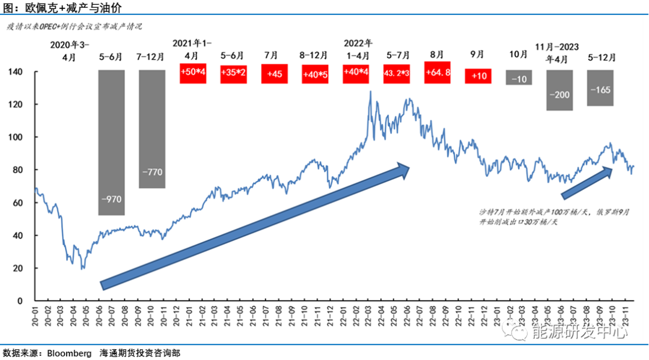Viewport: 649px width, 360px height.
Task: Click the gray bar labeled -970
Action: pyautogui.click(x=111, y=142)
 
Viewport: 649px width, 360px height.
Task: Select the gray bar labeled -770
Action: pyautogui.click(x=152, y=129)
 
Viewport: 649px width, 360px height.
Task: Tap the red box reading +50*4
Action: pyautogui.click(x=193, y=73)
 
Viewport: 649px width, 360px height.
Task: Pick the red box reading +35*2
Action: pyautogui.click(x=233, y=74)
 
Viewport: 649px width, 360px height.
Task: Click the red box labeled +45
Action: pyautogui.click(x=274, y=74)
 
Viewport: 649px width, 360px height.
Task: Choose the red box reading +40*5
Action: pyautogui.click(x=315, y=74)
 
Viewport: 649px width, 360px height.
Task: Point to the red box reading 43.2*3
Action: pyautogui.click(x=397, y=74)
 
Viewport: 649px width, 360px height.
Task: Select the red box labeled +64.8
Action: pyautogui.click(x=437, y=73)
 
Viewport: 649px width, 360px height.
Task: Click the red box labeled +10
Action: pyautogui.click(x=478, y=76)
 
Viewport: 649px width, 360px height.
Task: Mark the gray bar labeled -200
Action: pyautogui.click(x=559, y=90)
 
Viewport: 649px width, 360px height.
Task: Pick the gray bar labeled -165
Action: pyautogui.click(x=600, y=88)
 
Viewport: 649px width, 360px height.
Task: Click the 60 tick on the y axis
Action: pyautogui.click(x=19, y=203)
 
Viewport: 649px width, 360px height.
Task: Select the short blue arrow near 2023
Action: pyautogui.click(x=587, y=183)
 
